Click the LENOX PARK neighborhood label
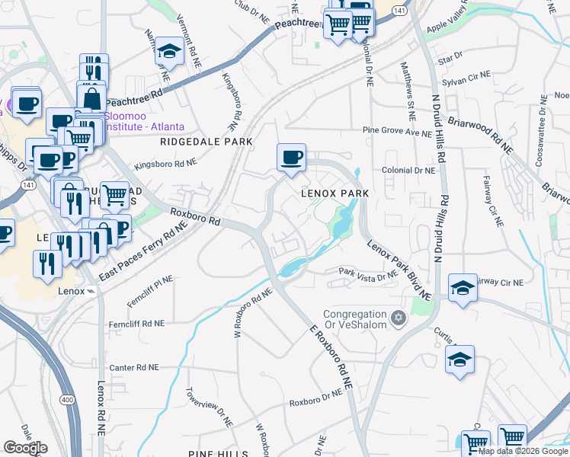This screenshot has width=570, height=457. point(335,193)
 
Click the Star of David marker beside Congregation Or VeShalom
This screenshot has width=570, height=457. point(396,317)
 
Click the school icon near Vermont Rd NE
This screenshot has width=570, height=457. point(168,52)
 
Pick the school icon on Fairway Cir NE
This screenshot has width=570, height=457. point(463,288)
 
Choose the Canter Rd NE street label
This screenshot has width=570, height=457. point(137,367)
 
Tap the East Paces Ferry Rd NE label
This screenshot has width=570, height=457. point(145,255)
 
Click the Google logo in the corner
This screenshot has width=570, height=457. point(25,448)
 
